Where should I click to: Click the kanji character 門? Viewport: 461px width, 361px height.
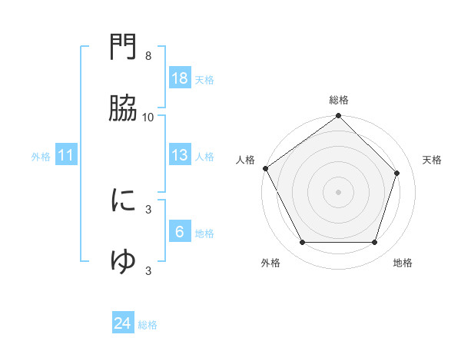pyautogui.click(x=123, y=48)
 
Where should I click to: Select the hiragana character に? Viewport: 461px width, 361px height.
pyautogui.click(x=123, y=200)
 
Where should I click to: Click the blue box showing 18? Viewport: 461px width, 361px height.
pyautogui.click(x=180, y=78)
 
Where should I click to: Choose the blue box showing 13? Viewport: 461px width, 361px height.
pyautogui.click(x=180, y=155)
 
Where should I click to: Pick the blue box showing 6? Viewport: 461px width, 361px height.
pyautogui.click(x=180, y=232)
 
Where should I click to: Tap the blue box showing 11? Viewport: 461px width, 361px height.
pyautogui.click(x=66, y=155)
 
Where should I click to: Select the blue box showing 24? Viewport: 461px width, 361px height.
pyautogui.click(x=123, y=323)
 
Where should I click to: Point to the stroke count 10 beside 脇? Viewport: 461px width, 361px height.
pyautogui.click(x=148, y=117)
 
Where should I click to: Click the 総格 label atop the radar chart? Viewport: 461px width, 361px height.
pyautogui.click(x=339, y=101)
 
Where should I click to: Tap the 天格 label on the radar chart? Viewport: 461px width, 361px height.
pyautogui.click(x=432, y=160)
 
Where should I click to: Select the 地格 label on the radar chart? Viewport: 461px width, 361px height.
pyautogui.click(x=403, y=263)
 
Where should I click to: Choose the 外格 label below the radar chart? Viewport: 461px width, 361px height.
pyautogui.click(x=270, y=263)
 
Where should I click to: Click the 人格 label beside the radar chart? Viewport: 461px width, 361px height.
pyautogui.click(x=245, y=160)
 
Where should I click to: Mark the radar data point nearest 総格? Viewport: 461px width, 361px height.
pyautogui.click(x=339, y=117)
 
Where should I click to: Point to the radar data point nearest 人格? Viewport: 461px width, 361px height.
pyautogui.click(x=266, y=168)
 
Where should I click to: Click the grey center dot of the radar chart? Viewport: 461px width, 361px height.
pyautogui.click(x=339, y=191)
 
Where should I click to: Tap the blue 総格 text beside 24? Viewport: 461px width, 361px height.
pyautogui.click(x=148, y=325)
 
